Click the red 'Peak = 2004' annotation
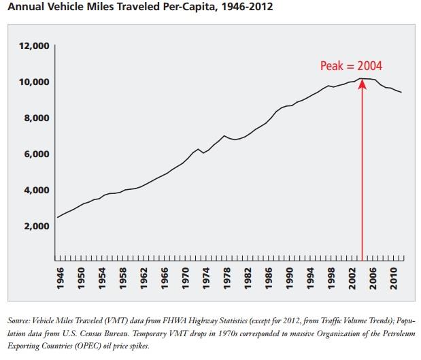(351, 66)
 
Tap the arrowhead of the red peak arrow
(362, 82)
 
